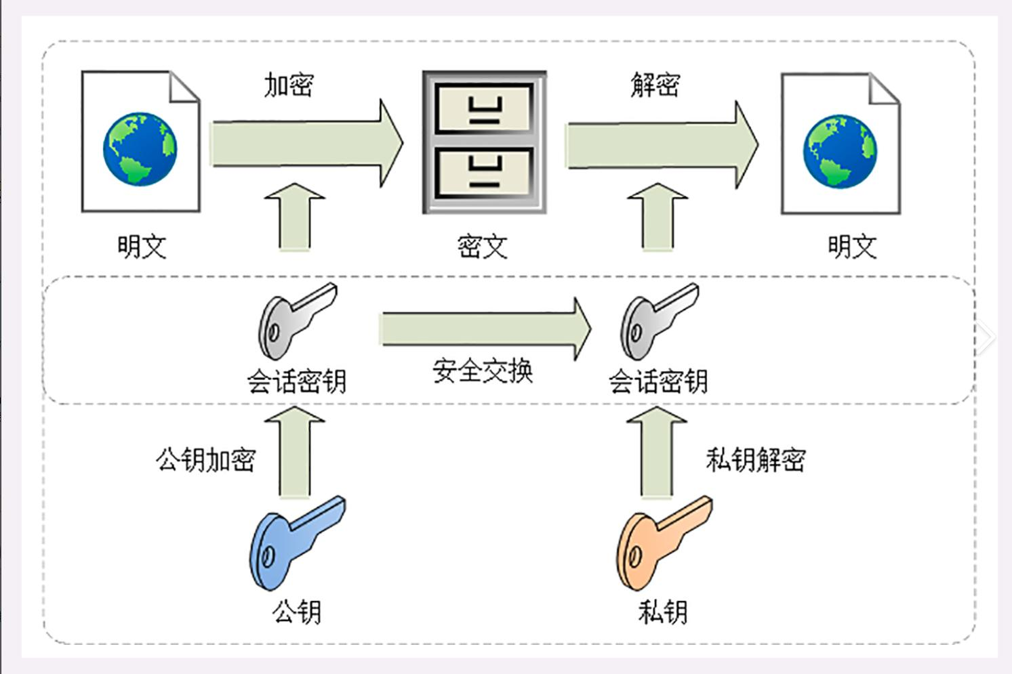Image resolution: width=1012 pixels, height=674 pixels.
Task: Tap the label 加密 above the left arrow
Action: [x=289, y=85]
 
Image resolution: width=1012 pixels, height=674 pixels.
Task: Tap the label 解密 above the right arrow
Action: [x=655, y=85]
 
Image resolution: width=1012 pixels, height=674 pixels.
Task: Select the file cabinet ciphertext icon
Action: [x=484, y=142]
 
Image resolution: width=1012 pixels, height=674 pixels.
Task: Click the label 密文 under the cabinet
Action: [x=482, y=246]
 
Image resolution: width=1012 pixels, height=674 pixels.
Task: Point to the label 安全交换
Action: [x=483, y=371]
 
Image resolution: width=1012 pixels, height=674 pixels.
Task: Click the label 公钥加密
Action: [x=205, y=460]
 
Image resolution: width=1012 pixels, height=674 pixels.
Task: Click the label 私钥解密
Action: [x=755, y=460]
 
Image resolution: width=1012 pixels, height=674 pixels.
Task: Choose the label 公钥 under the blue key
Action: [x=296, y=612]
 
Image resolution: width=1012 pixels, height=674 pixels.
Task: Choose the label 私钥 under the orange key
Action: [x=662, y=612]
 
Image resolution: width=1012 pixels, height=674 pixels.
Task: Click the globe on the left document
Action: [x=140, y=149]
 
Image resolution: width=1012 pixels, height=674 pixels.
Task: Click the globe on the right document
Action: [x=840, y=151]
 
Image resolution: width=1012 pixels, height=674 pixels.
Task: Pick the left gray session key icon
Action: [x=293, y=321]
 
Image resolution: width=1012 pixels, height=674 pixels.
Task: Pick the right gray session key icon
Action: [x=655, y=321]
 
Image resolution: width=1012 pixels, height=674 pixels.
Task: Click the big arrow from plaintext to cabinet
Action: [x=305, y=144]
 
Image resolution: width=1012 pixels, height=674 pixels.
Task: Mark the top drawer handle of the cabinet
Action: [x=484, y=111]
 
